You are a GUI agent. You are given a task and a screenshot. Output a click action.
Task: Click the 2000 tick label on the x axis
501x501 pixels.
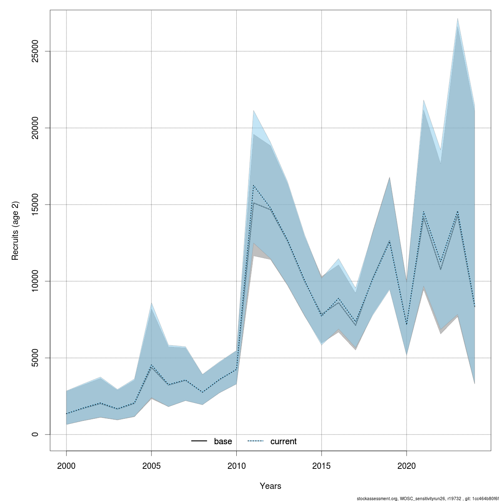pos(66,466)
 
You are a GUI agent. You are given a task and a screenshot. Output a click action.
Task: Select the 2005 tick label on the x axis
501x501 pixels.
pos(151,466)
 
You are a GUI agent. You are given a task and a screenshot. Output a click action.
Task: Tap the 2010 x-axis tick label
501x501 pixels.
pos(236,466)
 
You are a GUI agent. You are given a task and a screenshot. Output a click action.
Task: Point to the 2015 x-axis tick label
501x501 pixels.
pos(321,466)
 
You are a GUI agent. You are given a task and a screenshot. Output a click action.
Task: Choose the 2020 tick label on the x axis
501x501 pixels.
pos(406,466)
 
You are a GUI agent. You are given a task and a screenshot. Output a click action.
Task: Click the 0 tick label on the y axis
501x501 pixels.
pos(35,434)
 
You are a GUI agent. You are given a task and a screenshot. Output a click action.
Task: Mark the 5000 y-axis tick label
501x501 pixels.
pos(35,358)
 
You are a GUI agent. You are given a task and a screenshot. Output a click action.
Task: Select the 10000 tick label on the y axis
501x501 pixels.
pos(35,281)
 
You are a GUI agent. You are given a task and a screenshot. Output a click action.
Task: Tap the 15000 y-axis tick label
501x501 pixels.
pos(35,205)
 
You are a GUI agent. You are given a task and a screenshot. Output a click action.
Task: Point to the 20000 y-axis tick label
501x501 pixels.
pos(35,128)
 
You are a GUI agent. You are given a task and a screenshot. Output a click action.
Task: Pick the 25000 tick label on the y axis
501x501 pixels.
pos(35,51)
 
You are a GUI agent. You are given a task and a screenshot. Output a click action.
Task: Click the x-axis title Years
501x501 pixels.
pos(271,486)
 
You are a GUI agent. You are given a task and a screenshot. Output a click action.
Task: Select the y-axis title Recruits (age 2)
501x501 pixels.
pos(15,230)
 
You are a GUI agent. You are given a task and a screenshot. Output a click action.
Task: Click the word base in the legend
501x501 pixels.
pos(223,442)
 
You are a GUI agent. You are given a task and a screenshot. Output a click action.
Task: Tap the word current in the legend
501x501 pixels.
pos(283,442)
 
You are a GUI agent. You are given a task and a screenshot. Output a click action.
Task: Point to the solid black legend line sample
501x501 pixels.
pos(199,441)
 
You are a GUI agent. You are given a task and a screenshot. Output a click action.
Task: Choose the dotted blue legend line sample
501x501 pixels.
pos(256,441)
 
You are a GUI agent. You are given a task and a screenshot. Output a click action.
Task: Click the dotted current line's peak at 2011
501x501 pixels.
pos(253,185)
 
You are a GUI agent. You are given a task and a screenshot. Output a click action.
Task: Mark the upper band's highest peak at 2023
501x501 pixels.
pos(458,18)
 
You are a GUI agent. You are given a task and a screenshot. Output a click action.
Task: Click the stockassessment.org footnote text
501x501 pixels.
pos(422,498)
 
